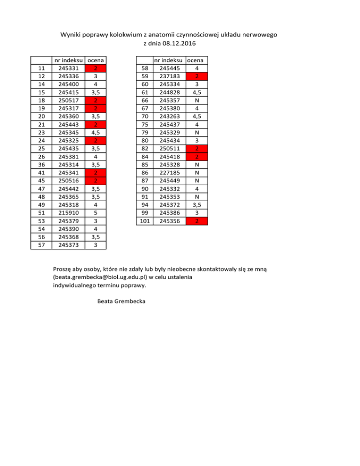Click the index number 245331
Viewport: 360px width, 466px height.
pyautogui.click(x=68, y=68)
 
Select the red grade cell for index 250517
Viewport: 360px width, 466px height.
pyautogui.click(x=96, y=101)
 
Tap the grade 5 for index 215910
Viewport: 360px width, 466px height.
pyautogui.click(x=96, y=212)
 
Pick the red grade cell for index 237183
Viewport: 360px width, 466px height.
pyautogui.click(x=198, y=77)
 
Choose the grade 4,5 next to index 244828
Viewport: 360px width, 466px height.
pyautogui.click(x=198, y=93)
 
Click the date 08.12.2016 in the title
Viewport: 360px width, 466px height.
pyautogui.click(x=178, y=44)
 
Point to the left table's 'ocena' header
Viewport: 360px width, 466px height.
pyautogui.click(x=96, y=60)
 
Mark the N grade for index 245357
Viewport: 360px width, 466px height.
pyautogui.click(x=198, y=101)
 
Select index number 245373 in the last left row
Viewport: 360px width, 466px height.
pyautogui.click(x=68, y=244)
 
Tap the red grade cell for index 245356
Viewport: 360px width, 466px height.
pyautogui.click(x=198, y=220)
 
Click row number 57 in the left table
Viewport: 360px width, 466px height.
pyautogui.click(x=41, y=244)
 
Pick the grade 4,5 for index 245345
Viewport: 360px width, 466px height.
pyautogui.click(x=96, y=133)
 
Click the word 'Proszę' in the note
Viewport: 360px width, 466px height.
pyautogui.click(x=64, y=269)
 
